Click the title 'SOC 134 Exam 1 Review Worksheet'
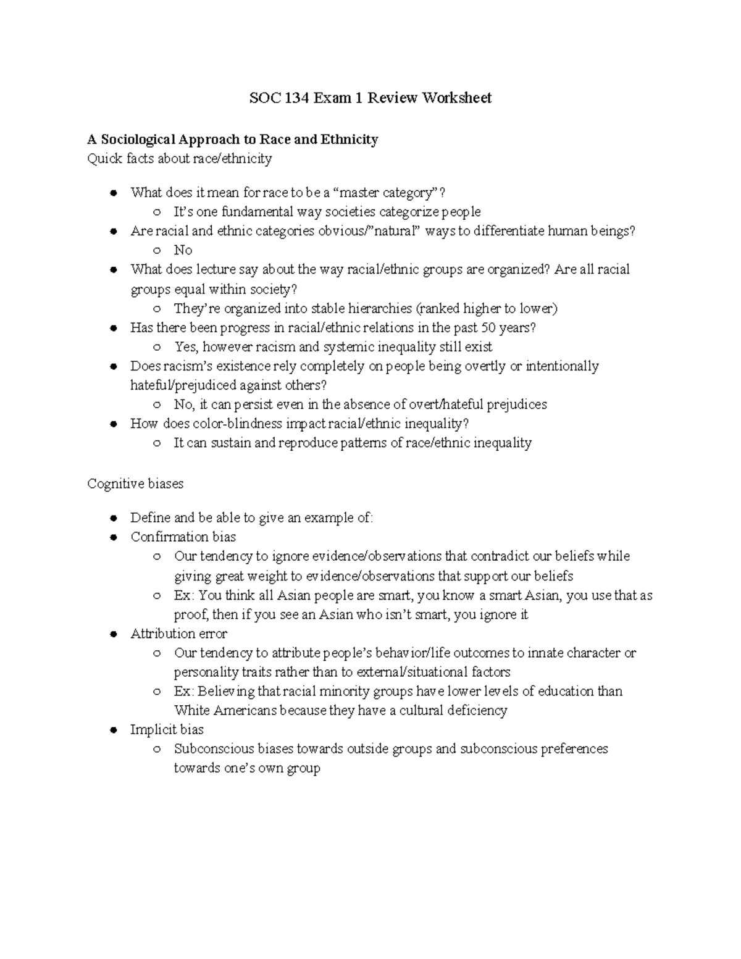pyautogui.click(x=370, y=98)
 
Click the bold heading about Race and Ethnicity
pyautogui.click(x=233, y=140)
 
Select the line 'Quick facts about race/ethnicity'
pyautogui.click(x=180, y=159)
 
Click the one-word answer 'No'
pyautogui.click(x=183, y=250)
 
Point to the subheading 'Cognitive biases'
pyautogui.click(x=135, y=484)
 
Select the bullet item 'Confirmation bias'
pyautogui.click(x=183, y=537)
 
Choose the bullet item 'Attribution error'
pyautogui.click(x=178, y=634)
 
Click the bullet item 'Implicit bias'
pyautogui.click(x=167, y=730)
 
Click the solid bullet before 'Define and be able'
pyautogui.click(x=114, y=518)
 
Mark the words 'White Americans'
pyautogui.click(x=225, y=710)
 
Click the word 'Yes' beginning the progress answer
pyautogui.click(x=186, y=347)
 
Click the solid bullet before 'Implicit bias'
pyautogui.click(x=114, y=731)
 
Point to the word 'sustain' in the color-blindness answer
pyautogui.click(x=230, y=443)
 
